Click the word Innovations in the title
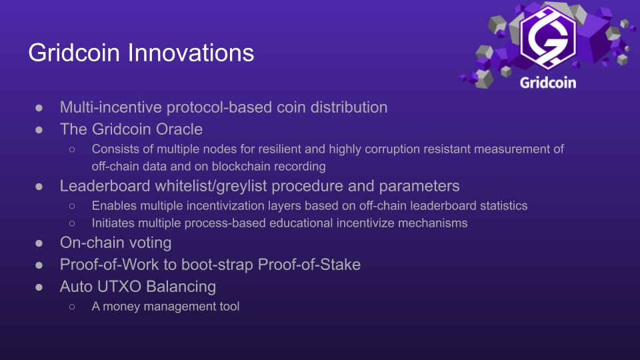point(191,53)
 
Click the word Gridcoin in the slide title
point(74,53)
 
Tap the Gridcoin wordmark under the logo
point(548,83)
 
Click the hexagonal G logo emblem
point(548,37)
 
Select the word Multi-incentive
point(111,107)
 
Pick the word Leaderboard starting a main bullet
point(105,186)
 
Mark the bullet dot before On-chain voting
point(39,243)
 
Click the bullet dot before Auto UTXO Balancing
point(39,287)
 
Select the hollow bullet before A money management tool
point(72,307)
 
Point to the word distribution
point(349,107)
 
